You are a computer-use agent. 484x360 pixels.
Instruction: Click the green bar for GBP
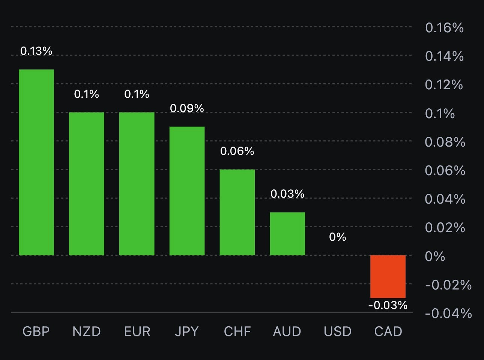36,162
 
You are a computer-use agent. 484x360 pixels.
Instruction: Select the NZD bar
87,184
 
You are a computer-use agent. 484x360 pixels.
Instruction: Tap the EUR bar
137,184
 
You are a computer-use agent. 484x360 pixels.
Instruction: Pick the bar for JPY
187,191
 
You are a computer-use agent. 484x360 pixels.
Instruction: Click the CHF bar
237,212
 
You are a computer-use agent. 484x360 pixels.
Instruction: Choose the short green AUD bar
287,234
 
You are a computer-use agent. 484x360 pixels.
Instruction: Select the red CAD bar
388,276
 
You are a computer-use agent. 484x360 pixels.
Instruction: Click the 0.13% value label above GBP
36,51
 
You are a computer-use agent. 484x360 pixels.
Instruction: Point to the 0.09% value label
187,108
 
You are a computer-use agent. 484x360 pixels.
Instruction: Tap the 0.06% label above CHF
237,151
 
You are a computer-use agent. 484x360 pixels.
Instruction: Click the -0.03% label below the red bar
388,305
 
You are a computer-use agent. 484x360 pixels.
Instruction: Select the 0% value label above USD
338,237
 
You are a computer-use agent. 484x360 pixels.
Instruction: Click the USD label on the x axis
338,331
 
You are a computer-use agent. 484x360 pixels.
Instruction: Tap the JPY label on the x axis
187,331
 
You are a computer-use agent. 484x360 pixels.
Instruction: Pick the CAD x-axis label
388,331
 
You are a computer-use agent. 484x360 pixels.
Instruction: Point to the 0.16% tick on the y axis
445,28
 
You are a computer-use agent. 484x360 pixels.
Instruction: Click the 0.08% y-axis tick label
445,142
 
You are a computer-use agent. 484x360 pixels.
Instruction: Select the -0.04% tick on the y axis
448,313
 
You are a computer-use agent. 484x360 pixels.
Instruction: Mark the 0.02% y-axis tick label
445,228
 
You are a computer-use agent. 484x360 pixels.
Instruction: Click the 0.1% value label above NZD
87,94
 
